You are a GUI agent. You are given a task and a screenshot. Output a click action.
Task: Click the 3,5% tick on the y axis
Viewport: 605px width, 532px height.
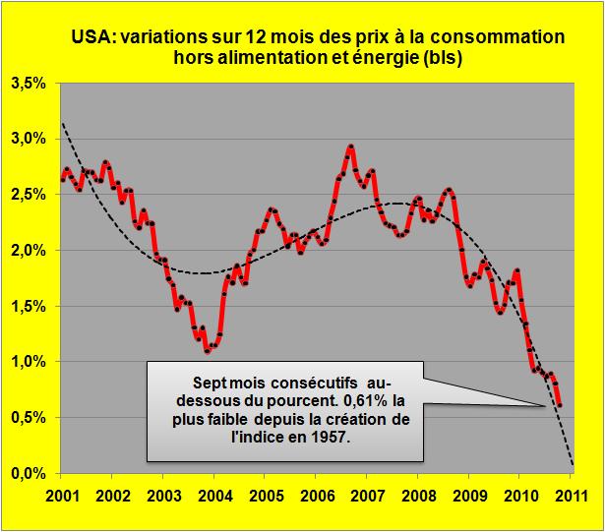(x=29, y=86)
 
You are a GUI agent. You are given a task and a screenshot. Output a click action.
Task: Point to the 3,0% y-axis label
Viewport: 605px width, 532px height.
(x=29, y=139)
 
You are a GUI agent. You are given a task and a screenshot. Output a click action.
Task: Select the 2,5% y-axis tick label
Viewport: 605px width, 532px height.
(x=29, y=195)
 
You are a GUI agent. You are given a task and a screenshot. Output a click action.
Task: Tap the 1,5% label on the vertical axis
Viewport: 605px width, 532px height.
(x=29, y=307)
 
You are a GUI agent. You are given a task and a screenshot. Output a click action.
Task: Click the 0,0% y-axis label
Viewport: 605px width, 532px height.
(x=29, y=474)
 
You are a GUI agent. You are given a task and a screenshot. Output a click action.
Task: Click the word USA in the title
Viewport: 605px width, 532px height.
(x=92, y=38)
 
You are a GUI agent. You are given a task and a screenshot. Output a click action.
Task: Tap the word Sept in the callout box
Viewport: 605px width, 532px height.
(x=209, y=382)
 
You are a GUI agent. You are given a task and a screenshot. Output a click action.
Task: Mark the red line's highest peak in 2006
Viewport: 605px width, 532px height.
(x=351, y=147)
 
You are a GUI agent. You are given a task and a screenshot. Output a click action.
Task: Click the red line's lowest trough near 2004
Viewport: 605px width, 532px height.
(x=207, y=350)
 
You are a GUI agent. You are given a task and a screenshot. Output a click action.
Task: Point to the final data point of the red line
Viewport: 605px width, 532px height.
(x=560, y=404)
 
